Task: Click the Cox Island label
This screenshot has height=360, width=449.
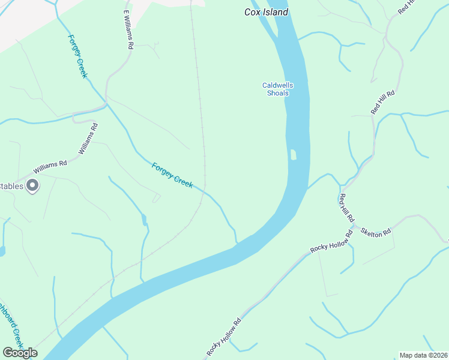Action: (x=267, y=12)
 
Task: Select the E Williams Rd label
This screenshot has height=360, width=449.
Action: (x=128, y=29)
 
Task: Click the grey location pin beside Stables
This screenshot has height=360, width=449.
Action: (x=33, y=186)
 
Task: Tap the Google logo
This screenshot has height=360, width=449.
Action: (x=20, y=353)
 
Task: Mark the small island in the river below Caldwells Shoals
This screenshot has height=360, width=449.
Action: (x=293, y=155)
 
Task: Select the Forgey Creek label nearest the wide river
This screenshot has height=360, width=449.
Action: (x=172, y=175)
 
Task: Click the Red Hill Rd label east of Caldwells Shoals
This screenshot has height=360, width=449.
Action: (x=382, y=102)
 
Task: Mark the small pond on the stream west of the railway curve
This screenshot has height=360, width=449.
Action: (x=144, y=220)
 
